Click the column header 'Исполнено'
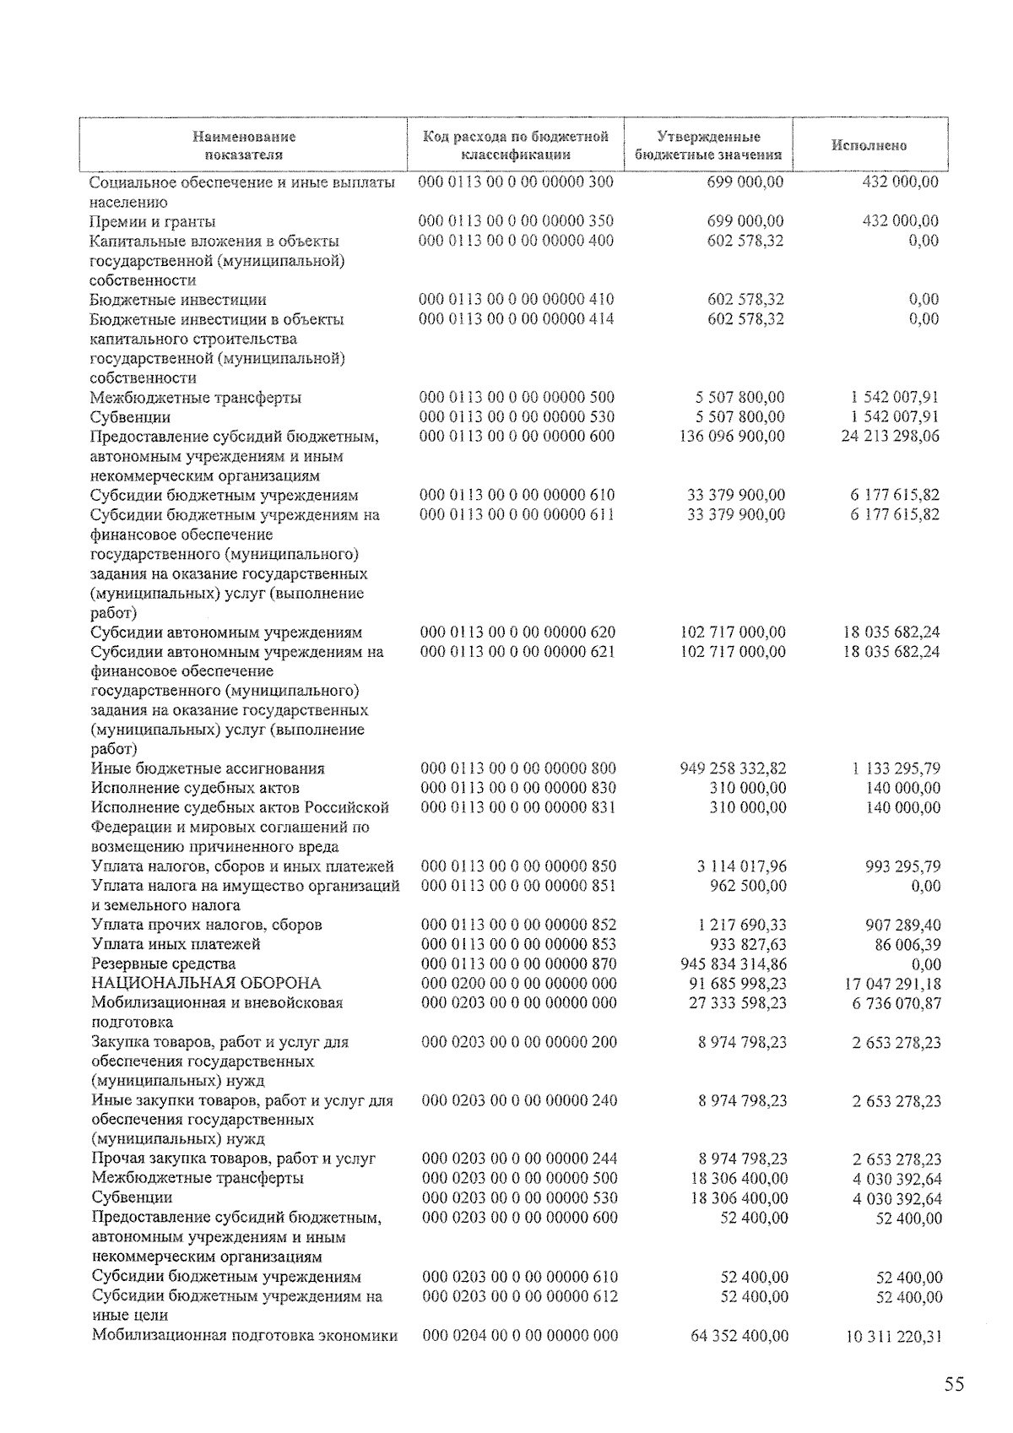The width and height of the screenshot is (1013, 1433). [x=869, y=145]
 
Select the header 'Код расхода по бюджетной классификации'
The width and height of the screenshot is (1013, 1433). [x=515, y=145]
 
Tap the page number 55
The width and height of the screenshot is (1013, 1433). [x=954, y=1384]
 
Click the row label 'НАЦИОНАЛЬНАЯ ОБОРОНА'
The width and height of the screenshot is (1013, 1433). [x=206, y=983]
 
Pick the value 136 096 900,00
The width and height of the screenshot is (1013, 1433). [x=732, y=437]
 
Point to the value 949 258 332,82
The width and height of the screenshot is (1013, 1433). [x=733, y=768]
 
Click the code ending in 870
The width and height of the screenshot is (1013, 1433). [x=518, y=963]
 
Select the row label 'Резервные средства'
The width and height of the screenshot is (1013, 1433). [x=163, y=963]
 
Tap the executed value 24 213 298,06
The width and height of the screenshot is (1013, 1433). [x=890, y=437]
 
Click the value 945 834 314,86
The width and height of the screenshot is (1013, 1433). [x=733, y=963]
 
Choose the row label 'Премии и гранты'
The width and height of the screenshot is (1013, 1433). [x=152, y=221]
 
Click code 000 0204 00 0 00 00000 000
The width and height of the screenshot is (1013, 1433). [x=519, y=1335]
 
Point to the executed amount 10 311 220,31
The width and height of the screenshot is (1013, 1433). [x=893, y=1336]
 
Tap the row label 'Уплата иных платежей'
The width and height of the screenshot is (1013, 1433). [x=176, y=944]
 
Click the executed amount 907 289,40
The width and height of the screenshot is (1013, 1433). [x=902, y=925]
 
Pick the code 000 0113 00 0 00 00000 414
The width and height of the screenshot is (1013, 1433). [x=517, y=319]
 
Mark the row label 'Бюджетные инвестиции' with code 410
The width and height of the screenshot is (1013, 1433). [x=178, y=300]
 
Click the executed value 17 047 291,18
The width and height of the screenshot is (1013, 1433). [x=892, y=984]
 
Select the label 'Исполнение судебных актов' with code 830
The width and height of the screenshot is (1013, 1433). [x=194, y=788]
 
